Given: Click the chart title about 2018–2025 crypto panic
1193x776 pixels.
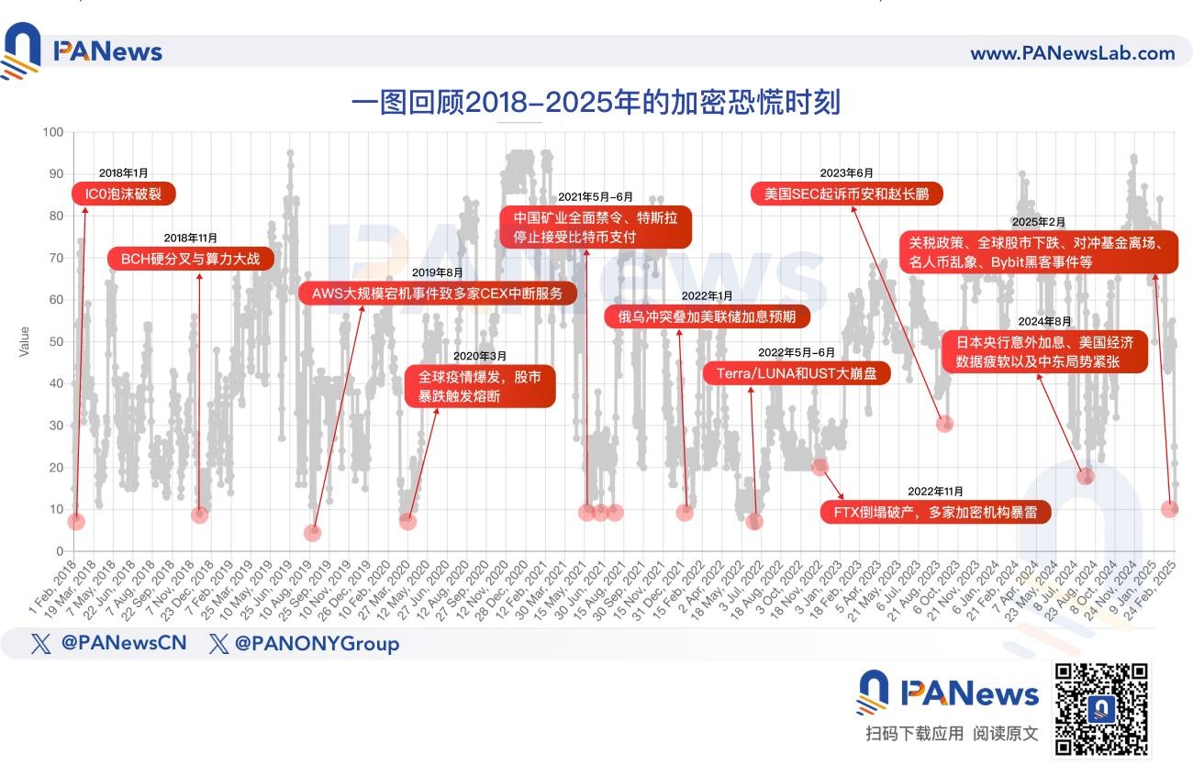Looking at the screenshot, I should point(596,102).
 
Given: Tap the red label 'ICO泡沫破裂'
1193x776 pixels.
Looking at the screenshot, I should point(123,194).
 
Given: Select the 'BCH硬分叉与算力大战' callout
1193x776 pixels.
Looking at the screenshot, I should point(191,259).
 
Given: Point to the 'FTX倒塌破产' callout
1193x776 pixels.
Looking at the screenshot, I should point(935,512).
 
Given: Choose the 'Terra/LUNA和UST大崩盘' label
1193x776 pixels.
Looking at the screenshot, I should point(797,372).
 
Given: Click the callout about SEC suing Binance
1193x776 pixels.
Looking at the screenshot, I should point(846,194).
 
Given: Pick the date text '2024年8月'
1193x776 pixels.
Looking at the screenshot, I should point(1044,321).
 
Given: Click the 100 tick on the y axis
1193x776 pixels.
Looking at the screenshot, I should point(52,132).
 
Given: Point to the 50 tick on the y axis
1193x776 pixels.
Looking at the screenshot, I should point(55,341).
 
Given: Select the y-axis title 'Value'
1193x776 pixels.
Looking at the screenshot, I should point(25,341).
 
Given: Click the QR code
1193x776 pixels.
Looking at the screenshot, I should point(1101,708).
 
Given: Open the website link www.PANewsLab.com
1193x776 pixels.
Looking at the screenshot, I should point(1072,53).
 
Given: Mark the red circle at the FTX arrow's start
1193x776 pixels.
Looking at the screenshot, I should point(820,467).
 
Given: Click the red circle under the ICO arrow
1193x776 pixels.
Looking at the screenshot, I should point(76,521).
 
